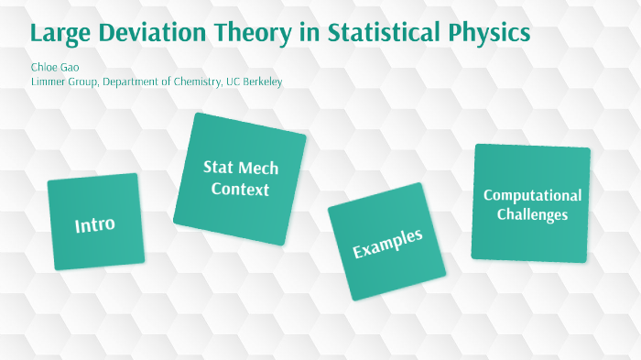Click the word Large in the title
(61, 34)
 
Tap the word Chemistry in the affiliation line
(195, 82)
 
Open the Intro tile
(95, 223)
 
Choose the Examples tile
(386, 243)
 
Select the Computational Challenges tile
(531, 203)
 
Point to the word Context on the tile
(240, 190)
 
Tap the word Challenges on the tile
(532, 214)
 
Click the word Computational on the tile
(532, 195)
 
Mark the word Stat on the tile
(218, 168)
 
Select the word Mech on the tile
(257, 169)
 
